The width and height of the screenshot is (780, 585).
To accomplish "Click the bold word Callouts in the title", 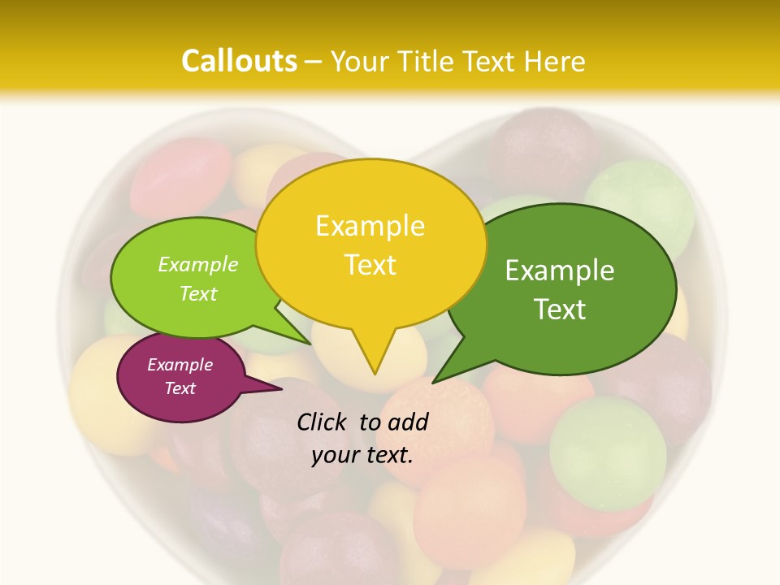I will [239, 61].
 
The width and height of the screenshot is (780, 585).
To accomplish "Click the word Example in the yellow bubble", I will [370, 226].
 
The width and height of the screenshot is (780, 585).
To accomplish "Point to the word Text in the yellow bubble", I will [370, 265].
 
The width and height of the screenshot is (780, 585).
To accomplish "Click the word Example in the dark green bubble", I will [560, 271].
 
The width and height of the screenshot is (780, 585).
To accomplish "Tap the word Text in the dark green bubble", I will [560, 310].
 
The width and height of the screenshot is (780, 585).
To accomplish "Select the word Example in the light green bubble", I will [198, 264].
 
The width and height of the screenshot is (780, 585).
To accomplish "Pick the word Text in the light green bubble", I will [198, 293].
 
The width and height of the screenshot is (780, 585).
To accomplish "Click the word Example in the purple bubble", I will [180, 365].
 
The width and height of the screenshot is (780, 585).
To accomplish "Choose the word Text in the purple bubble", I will [180, 388].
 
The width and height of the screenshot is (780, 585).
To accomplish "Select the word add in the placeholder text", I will [408, 422].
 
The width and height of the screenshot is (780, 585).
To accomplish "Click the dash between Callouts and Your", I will [314, 61].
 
